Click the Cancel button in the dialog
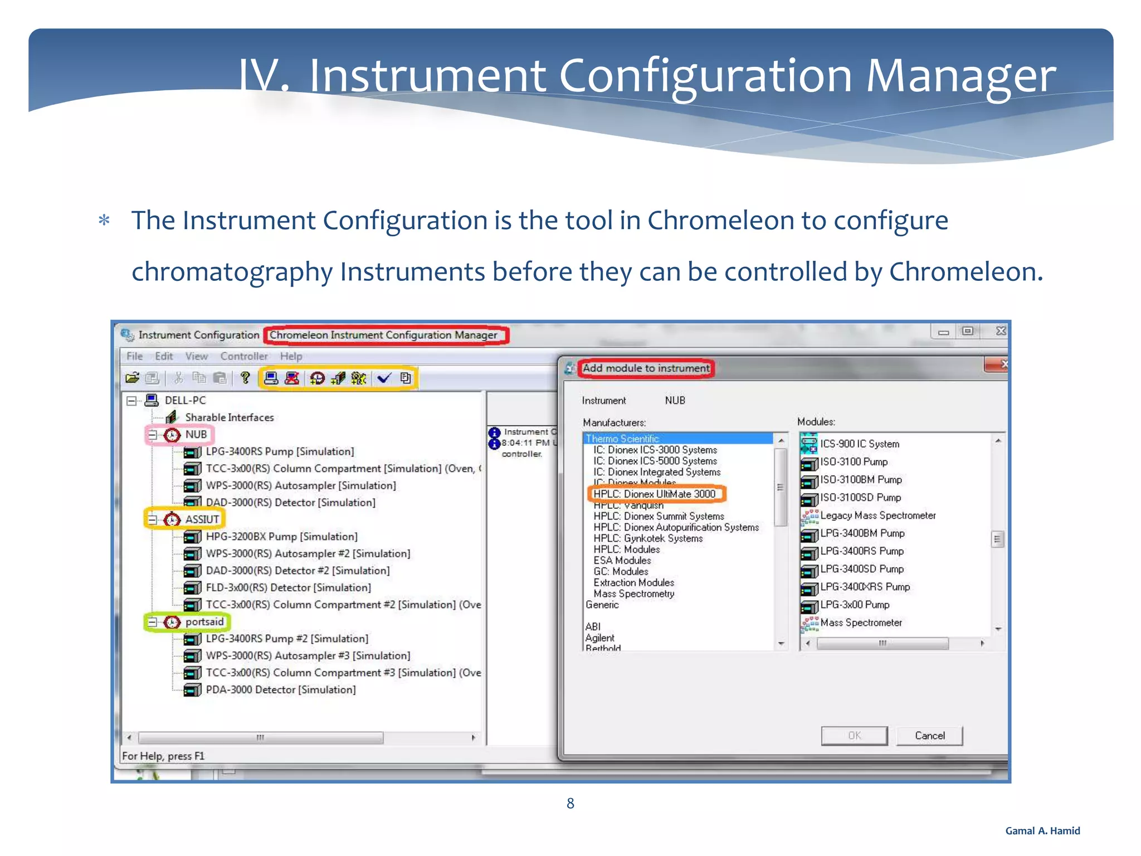(929, 736)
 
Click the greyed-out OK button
(854, 736)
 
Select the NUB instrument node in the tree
(196, 435)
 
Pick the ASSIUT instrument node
(202, 519)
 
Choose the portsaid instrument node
(204, 622)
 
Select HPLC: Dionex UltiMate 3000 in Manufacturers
(654, 494)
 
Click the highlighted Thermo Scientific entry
(622, 439)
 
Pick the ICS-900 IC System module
(859, 444)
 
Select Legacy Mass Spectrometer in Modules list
(877, 515)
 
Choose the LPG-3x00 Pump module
(855, 605)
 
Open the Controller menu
(243, 356)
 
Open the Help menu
(291, 356)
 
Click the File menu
(134, 356)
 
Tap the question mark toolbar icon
(245, 378)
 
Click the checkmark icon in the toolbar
(384, 378)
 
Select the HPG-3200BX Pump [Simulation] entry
(281, 537)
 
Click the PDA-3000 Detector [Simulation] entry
(280, 690)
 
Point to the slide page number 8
(570, 803)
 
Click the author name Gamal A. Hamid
(1042, 831)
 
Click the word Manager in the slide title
(960, 76)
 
